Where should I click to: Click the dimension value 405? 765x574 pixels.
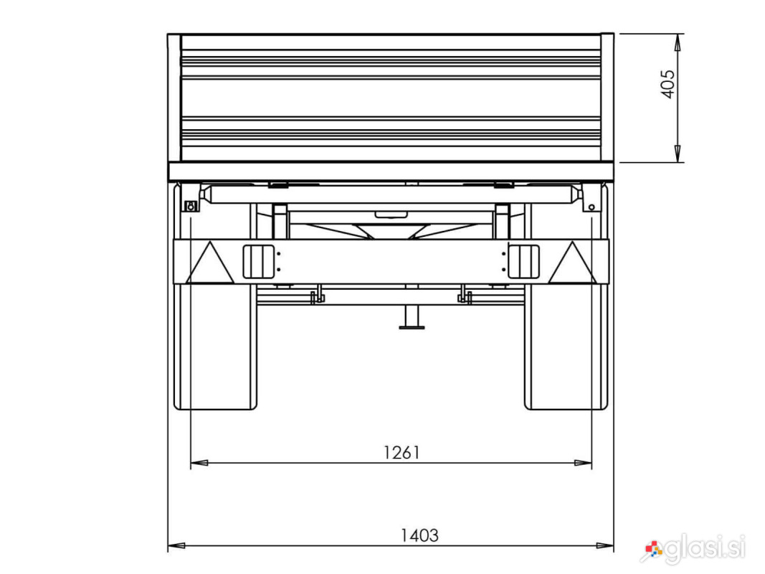[x=668, y=84]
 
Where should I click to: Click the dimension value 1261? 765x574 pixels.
[x=401, y=453]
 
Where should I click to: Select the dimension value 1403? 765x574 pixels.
[x=419, y=535]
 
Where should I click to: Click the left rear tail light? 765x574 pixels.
[x=259, y=262]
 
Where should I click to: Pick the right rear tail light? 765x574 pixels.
[x=523, y=262]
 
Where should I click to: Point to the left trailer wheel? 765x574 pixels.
[x=216, y=346]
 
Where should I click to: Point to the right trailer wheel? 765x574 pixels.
[x=566, y=346]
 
